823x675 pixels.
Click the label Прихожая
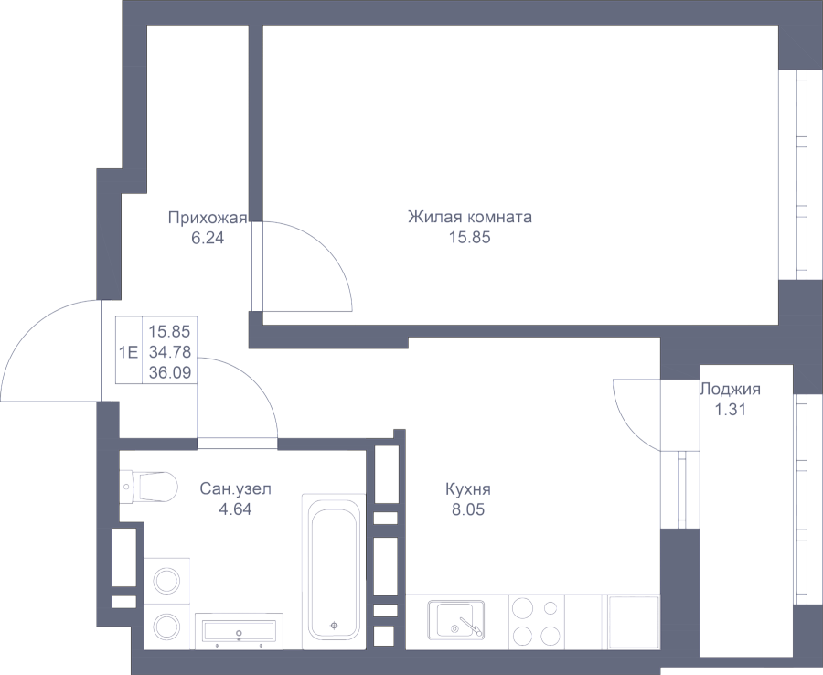(208, 218)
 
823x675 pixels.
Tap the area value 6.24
(208, 239)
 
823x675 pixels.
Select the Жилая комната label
(470, 217)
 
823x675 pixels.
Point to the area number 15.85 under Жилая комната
(470, 238)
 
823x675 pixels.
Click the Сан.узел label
(236, 489)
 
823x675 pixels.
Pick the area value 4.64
(236, 509)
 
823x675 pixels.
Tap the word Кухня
(468, 489)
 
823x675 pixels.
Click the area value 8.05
(468, 509)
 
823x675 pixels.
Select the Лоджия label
(731, 390)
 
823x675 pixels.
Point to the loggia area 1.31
(731, 410)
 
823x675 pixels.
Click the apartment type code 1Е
(129, 351)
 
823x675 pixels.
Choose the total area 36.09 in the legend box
(170, 372)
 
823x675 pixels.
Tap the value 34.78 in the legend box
(170, 351)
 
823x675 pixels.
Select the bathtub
(334, 571)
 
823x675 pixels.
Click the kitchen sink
(455, 620)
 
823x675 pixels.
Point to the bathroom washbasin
(239, 631)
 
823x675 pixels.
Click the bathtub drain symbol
(334, 625)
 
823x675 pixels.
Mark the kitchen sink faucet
(468, 625)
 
